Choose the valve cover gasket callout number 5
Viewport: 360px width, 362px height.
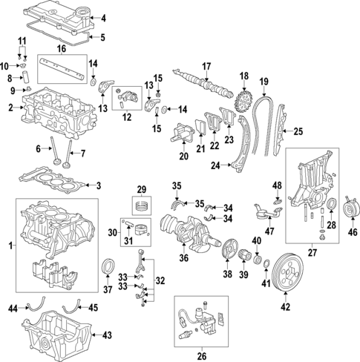pyautogui.click(x=102, y=37)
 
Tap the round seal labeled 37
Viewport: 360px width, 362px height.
pyautogui.click(x=109, y=266)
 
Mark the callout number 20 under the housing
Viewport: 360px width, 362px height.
pyautogui.click(x=183, y=157)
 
